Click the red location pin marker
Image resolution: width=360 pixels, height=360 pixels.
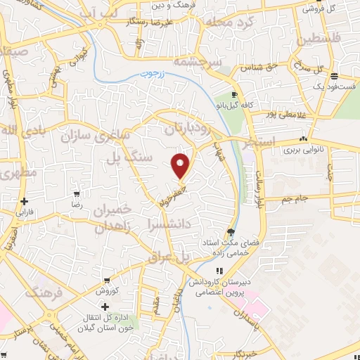tap(181, 165)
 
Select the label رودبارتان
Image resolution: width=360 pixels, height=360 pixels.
tap(188, 129)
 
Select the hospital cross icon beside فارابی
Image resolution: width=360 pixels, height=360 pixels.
tap(24, 201)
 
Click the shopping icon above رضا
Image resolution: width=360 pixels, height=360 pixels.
tap(77, 193)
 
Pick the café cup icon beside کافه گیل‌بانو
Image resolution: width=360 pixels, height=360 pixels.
tap(236, 94)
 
